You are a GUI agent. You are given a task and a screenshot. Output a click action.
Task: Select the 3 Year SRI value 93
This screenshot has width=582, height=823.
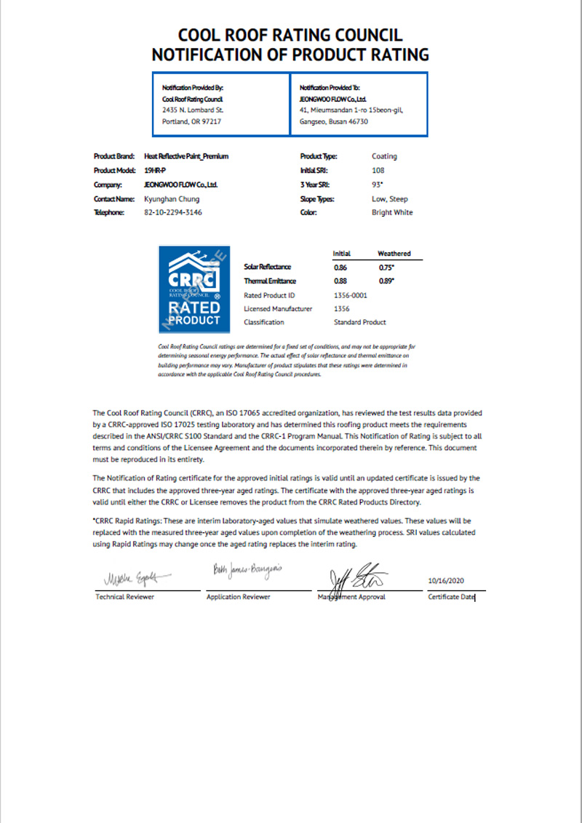[378, 185]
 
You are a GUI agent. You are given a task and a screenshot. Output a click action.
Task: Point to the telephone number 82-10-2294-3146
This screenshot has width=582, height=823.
[173, 212]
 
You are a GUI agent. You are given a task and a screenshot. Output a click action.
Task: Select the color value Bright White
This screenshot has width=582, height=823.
[392, 212]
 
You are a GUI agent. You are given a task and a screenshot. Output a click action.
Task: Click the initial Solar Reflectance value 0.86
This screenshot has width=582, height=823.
[340, 268]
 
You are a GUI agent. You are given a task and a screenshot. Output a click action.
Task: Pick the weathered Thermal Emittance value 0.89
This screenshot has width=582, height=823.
[387, 281]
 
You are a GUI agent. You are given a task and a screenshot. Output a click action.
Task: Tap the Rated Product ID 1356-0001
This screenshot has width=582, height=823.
[351, 295]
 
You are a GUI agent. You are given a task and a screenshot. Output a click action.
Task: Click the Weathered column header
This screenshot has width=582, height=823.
[394, 254]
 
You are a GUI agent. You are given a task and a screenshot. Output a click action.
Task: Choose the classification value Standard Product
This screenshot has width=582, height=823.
[359, 322]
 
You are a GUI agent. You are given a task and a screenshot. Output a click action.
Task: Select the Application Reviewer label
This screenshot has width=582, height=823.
[239, 597]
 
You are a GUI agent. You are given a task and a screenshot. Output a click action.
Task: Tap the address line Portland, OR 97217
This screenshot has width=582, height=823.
[191, 121]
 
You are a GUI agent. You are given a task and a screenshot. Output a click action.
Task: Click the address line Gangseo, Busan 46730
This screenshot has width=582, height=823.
[334, 121]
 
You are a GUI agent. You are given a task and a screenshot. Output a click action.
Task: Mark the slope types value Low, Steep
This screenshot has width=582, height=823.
[390, 198]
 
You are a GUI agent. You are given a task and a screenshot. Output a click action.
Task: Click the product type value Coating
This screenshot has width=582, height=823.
[384, 156]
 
